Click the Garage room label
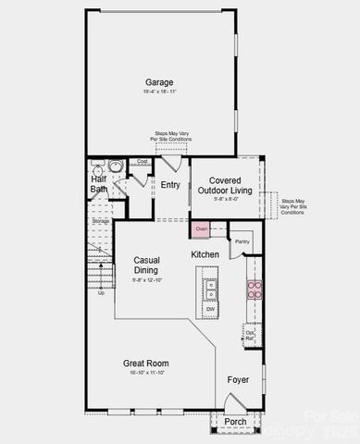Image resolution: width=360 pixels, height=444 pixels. click(159, 81)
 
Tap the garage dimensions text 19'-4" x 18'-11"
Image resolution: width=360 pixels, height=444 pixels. click(159, 92)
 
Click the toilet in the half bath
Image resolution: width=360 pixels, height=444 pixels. click(97, 167)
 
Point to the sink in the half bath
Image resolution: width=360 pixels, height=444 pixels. click(116, 166)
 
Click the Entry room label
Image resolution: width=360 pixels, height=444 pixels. click(170, 185)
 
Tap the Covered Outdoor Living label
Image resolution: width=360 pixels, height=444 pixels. click(226, 185)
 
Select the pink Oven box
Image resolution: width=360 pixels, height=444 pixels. click(202, 228)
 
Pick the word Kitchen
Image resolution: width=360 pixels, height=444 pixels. click(205, 253)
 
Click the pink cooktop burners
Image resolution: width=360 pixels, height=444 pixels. click(254, 289)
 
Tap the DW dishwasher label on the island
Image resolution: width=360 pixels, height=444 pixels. click(210, 309)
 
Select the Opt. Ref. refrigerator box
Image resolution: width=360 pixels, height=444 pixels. click(249, 335)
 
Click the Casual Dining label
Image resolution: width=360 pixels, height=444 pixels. click(147, 265)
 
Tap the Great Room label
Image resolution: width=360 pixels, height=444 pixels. click(145, 364)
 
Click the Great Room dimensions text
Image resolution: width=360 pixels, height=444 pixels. click(145, 374)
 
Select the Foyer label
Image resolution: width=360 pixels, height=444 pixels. click(239, 378)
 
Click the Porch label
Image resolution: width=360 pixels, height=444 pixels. click(235, 422)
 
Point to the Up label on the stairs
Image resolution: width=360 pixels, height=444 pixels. click(101, 292)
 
